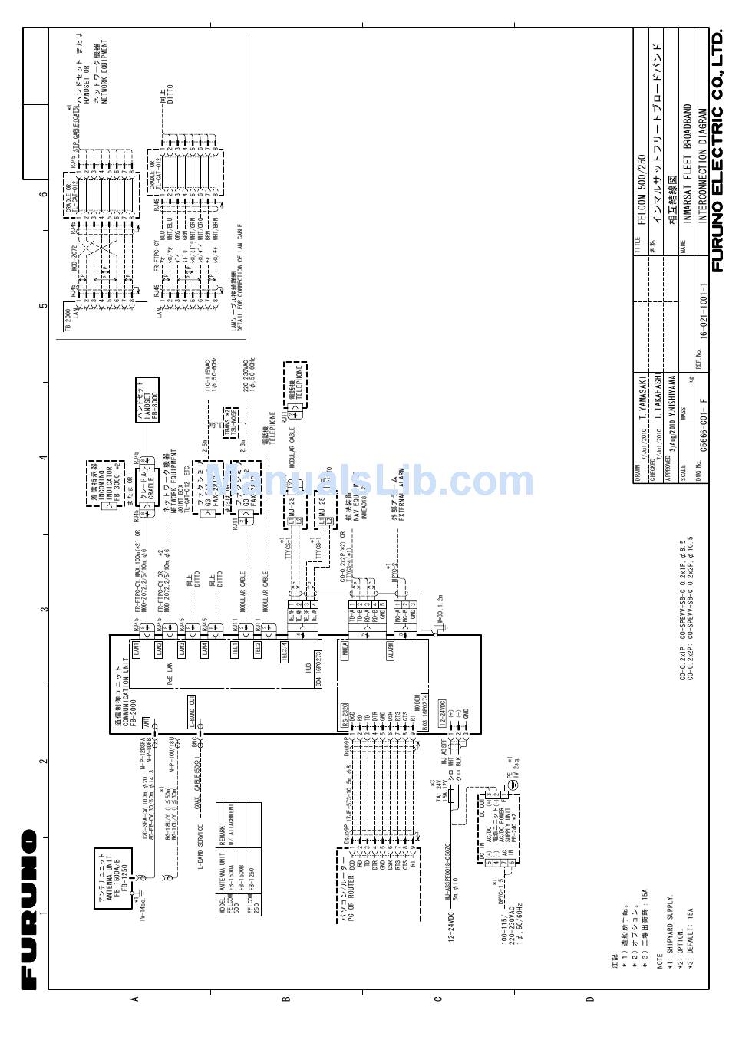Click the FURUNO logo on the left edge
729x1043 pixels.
pyautogui.click(x=29, y=909)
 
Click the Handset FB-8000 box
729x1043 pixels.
pyautogui.click(x=147, y=399)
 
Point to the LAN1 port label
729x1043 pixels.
pyautogui.click(x=136, y=649)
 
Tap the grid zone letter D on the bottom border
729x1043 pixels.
pyautogui.click(x=589, y=999)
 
